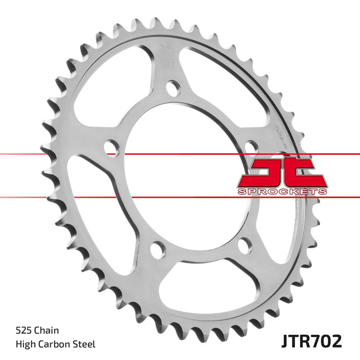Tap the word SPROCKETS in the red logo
pos(281,192)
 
